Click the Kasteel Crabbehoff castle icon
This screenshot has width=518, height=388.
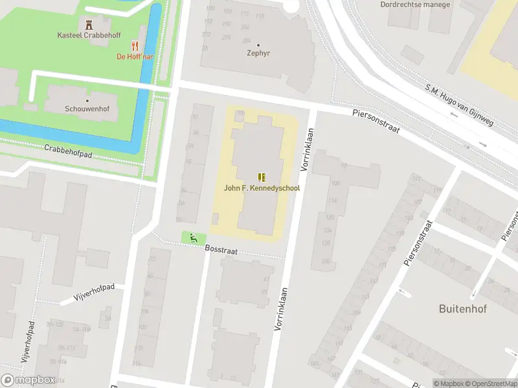[89, 25]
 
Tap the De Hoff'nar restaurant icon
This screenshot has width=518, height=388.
[135, 45]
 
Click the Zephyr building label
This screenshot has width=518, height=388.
[258, 54]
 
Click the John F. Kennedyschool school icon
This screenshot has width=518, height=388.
[262, 177]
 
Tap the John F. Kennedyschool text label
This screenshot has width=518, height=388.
[262, 189]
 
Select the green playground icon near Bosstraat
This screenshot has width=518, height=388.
[193, 238]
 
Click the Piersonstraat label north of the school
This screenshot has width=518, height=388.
[376, 122]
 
